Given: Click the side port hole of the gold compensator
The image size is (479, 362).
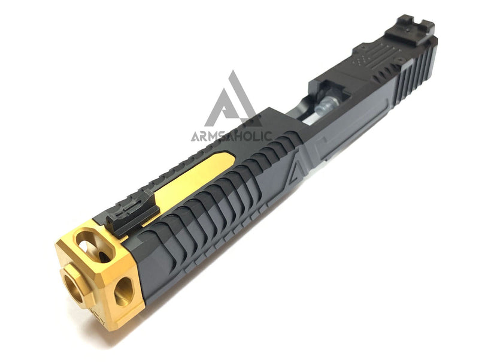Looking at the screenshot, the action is pos(124,291).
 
